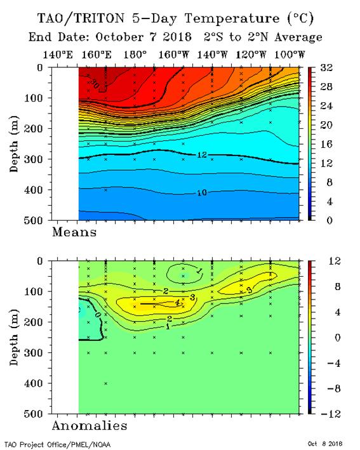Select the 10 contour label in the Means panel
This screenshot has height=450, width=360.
point(202,192)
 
